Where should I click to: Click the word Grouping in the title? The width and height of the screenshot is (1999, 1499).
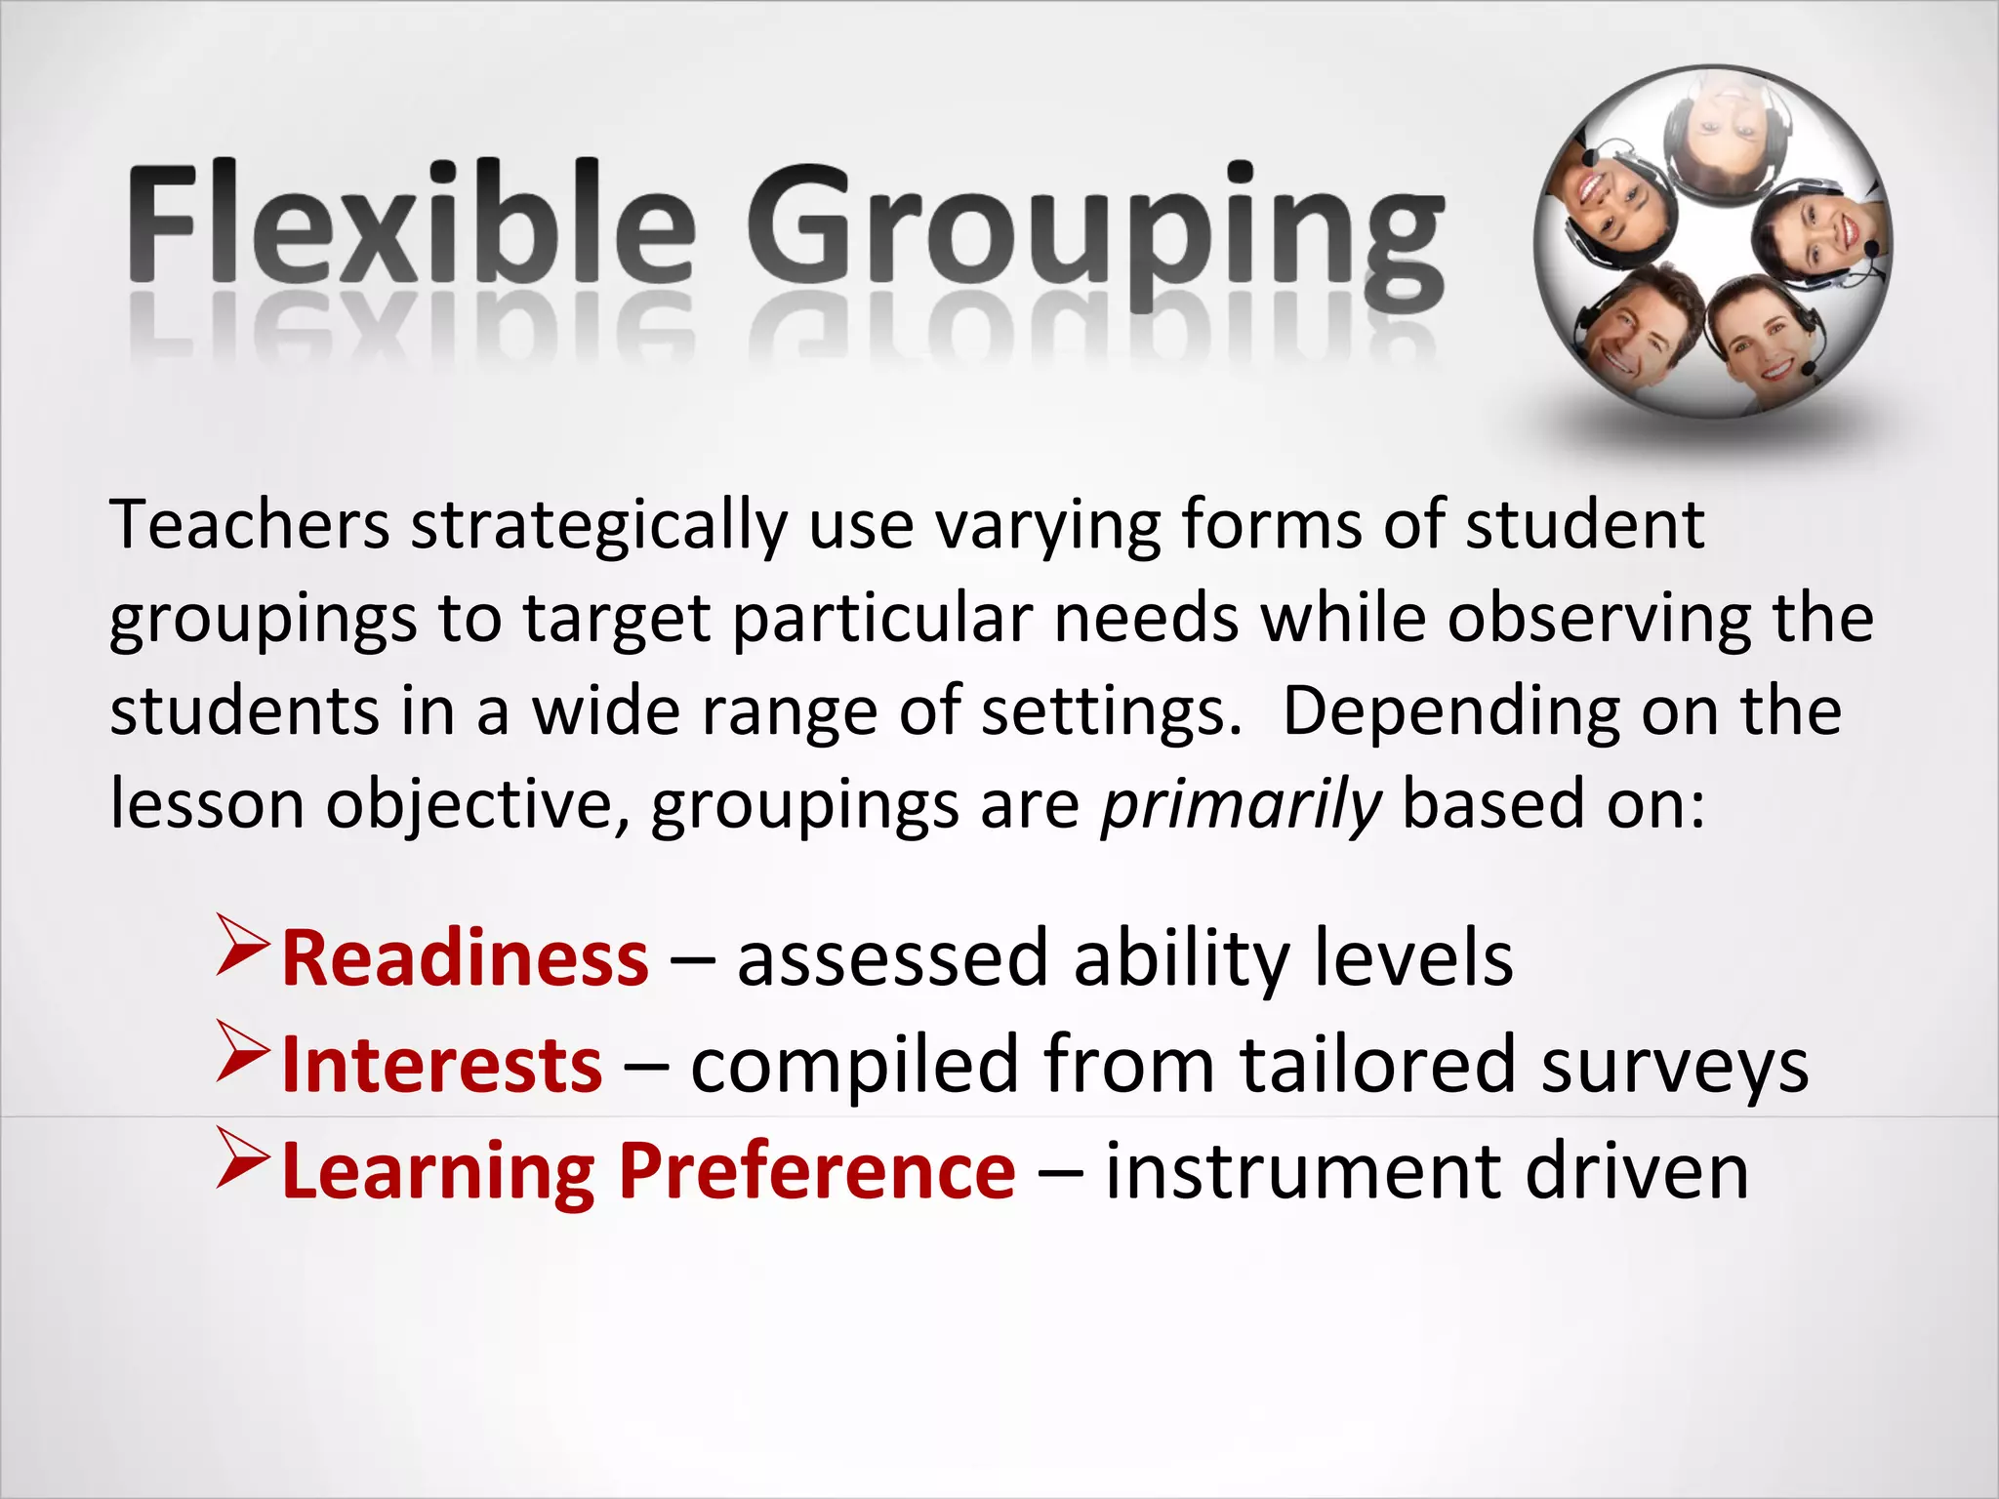pos(1093,234)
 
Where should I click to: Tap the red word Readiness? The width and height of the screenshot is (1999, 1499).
pos(465,958)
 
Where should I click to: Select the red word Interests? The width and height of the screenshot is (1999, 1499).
pos(441,1065)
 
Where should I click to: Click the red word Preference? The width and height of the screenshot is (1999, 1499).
pos(817,1171)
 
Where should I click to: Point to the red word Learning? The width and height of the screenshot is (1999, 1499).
pos(438,1173)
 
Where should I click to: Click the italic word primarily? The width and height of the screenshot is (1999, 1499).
pos(1241,806)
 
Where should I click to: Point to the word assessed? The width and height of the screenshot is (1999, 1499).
pos(892,958)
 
